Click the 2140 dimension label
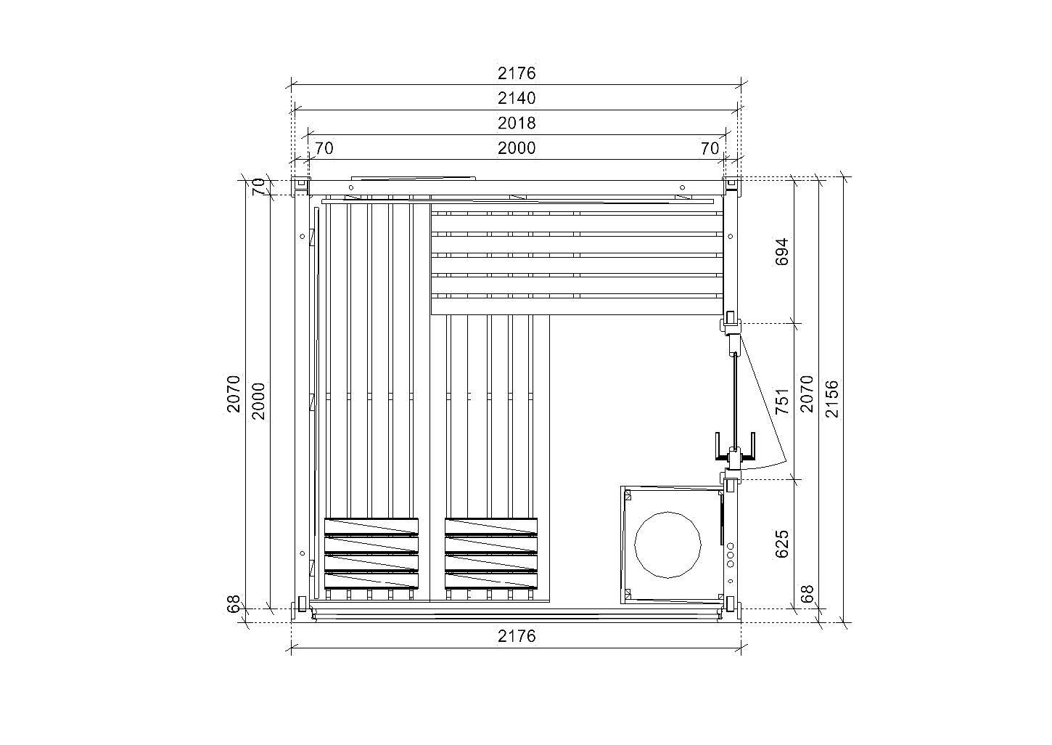(517, 98)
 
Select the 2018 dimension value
(517, 123)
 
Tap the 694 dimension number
(781, 252)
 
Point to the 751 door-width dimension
(781, 401)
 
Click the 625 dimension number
(781, 545)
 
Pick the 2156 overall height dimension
(831, 399)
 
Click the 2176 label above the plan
(517, 73)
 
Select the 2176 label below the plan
(517, 636)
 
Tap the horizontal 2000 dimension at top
(517, 148)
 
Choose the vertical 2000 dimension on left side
(258, 401)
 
